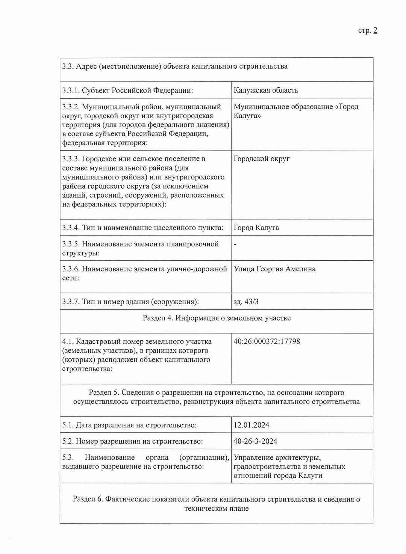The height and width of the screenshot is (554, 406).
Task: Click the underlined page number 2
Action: [x=375, y=31]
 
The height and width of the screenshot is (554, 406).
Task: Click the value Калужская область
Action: [x=266, y=90]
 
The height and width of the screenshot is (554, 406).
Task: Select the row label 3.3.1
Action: [x=71, y=91]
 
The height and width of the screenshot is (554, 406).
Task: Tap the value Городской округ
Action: [x=262, y=159]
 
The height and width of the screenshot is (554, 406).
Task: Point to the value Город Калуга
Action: [x=256, y=228]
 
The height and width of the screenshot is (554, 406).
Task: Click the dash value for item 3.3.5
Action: [x=235, y=245]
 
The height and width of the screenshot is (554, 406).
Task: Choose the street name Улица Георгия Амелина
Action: [x=274, y=269]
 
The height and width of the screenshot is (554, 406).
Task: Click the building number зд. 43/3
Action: [x=246, y=302]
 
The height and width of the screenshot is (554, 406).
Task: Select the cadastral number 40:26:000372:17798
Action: [x=267, y=341]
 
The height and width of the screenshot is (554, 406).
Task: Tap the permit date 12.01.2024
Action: [x=251, y=425]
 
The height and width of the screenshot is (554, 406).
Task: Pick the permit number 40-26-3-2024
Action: [x=255, y=441]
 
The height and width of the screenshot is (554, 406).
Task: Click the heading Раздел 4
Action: [x=217, y=318]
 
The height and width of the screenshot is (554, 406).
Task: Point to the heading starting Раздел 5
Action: [x=217, y=397]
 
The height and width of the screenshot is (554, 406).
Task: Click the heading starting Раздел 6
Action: [x=217, y=504]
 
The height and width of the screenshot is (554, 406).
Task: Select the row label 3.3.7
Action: [x=71, y=302]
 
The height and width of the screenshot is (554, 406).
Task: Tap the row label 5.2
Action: [x=68, y=442]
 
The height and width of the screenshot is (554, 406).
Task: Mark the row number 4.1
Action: [x=68, y=342]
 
